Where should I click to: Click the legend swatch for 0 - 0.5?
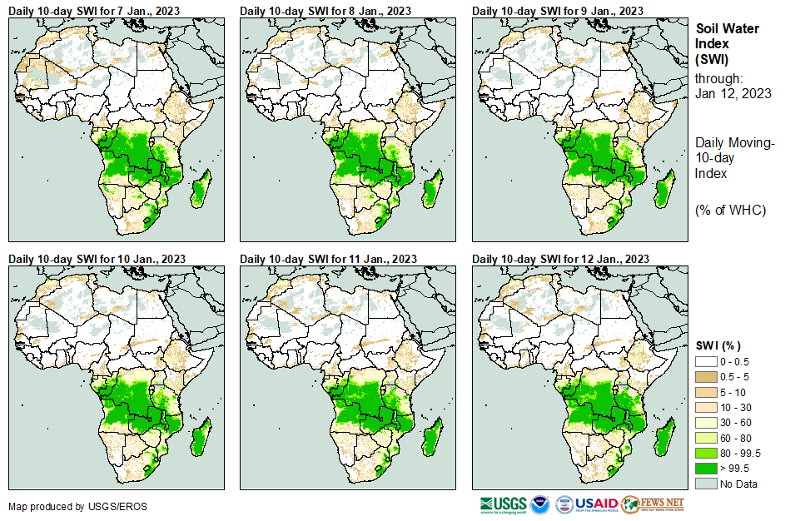[x=706, y=362]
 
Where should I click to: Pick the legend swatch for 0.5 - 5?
[x=706, y=377]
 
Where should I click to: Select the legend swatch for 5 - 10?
[x=706, y=392]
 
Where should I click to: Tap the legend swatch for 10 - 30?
[x=706, y=408]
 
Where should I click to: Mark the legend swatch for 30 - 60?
[x=706, y=423]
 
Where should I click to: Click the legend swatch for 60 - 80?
[x=706, y=438]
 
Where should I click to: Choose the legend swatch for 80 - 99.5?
[x=706, y=453]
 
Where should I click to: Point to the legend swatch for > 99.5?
[x=706, y=469]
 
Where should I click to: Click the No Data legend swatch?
[x=706, y=484]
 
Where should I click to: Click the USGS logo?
[x=504, y=504]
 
